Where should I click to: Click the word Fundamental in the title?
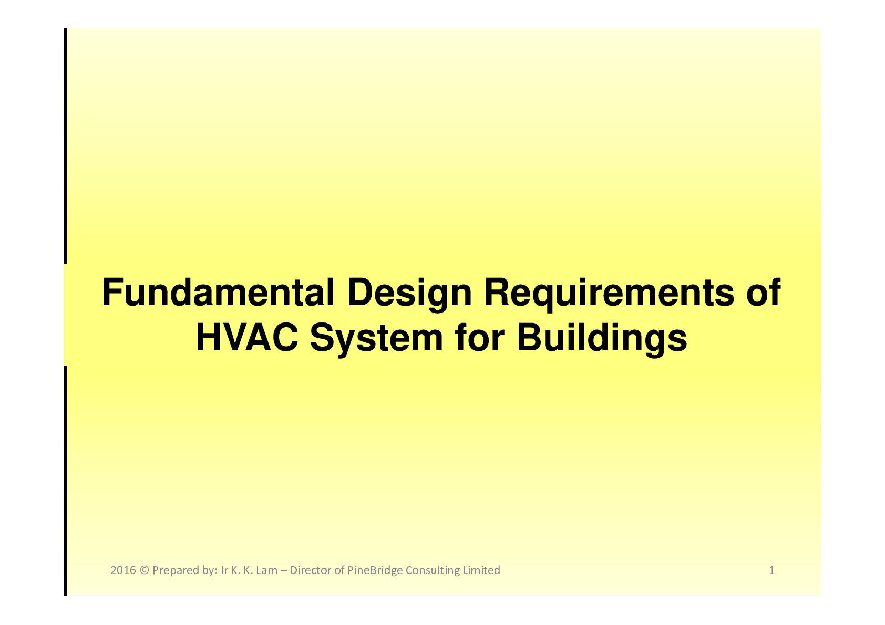click(x=218, y=293)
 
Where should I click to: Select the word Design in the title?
click(x=410, y=295)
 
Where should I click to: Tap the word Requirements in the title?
click(x=609, y=295)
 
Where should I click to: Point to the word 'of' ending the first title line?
click(x=763, y=293)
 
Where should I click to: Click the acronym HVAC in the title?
click(x=247, y=338)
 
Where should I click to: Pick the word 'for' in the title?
click(x=480, y=338)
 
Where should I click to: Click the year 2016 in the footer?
click(x=124, y=570)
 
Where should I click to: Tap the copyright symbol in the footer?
click(x=144, y=570)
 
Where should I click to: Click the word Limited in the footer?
click(x=481, y=570)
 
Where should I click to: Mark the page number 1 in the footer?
click(x=771, y=570)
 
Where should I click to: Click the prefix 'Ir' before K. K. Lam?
click(x=224, y=570)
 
